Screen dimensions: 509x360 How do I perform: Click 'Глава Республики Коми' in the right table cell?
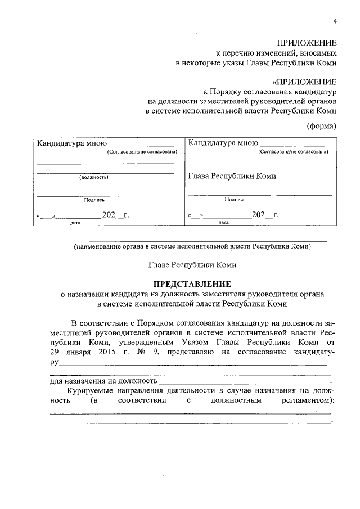pos(232,176)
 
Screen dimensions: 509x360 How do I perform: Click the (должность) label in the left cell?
pos(94,177)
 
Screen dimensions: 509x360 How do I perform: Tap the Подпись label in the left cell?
pos(94,199)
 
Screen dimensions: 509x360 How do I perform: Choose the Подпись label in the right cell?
pos(235,199)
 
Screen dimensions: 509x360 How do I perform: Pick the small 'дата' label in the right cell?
pos(224,222)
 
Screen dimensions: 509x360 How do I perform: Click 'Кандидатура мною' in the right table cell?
pos(223,143)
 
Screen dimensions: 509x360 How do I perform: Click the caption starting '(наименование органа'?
pos(192,246)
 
